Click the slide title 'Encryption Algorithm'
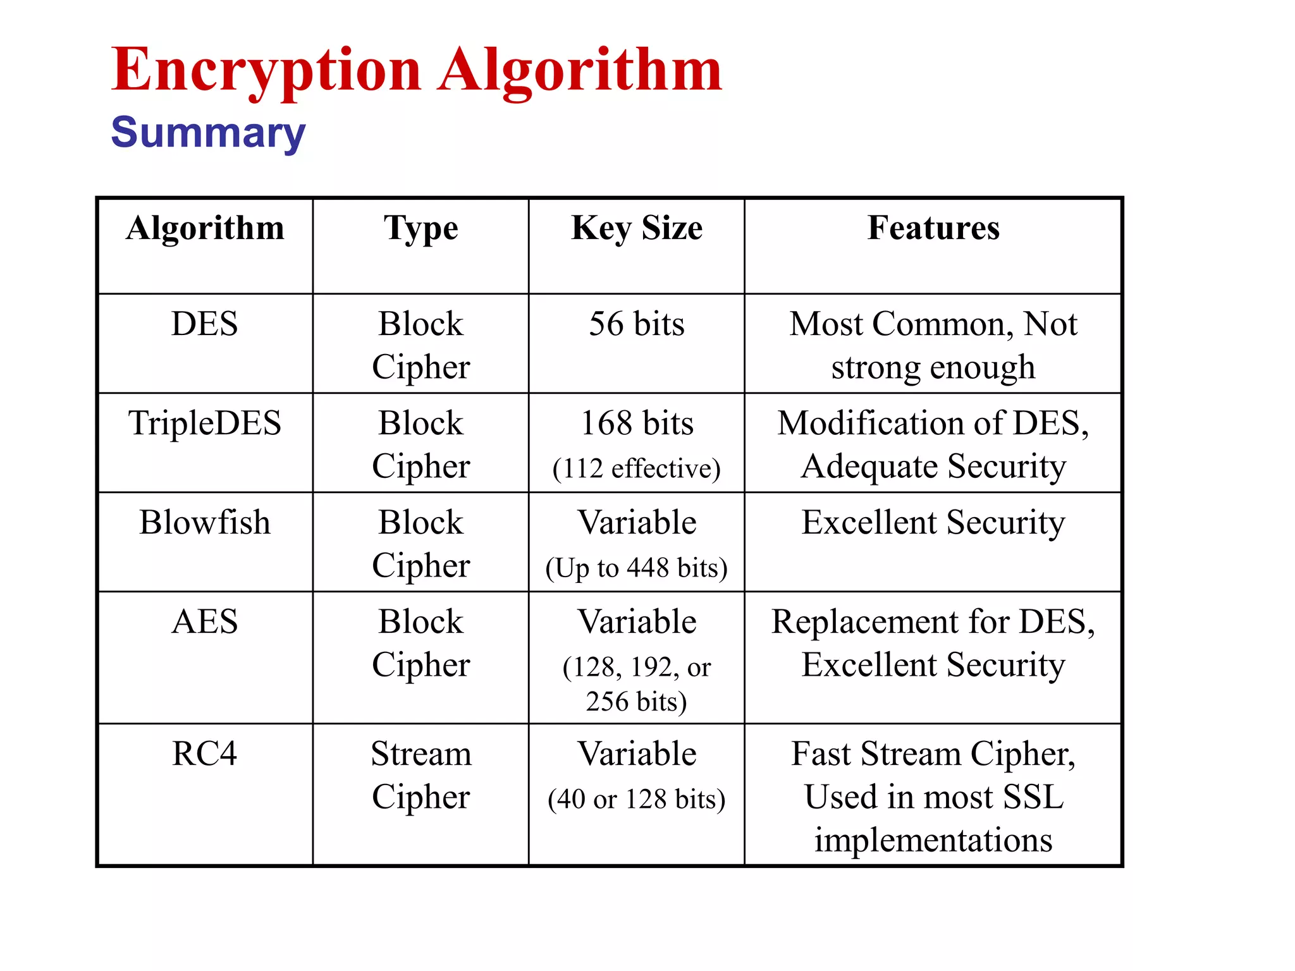(x=416, y=71)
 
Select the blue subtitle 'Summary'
(x=208, y=133)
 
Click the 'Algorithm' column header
(x=205, y=228)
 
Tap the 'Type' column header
(x=420, y=228)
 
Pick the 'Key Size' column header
(x=636, y=228)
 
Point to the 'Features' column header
(x=933, y=228)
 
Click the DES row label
(x=205, y=324)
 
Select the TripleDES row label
(x=205, y=423)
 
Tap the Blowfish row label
(x=205, y=523)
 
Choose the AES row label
(x=205, y=622)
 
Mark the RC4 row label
(x=205, y=754)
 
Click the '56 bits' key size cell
(x=636, y=324)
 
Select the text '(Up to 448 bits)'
(x=636, y=568)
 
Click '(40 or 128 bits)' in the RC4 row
(x=636, y=800)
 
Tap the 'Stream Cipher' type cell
(x=420, y=776)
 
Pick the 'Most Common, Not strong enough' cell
(x=933, y=346)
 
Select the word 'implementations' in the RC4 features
(x=933, y=840)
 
